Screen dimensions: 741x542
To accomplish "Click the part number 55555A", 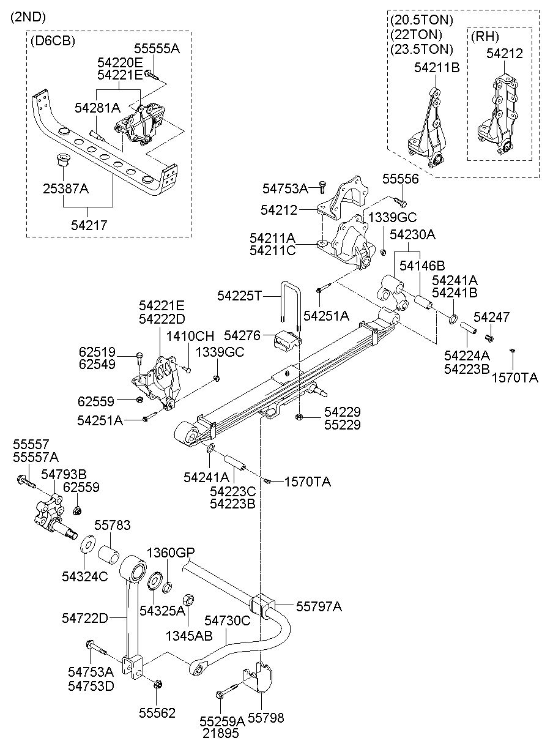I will click(x=157, y=48).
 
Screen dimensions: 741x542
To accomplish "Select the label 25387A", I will click(x=65, y=189).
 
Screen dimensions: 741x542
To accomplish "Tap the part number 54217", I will click(x=90, y=225).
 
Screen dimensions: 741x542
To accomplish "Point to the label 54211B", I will click(x=436, y=68).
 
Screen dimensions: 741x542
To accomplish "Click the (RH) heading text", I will click(x=484, y=36).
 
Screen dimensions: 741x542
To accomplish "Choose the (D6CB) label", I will click(x=53, y=41).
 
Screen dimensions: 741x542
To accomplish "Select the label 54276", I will click(x=242, y=335).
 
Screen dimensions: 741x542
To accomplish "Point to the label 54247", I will click(x=492, y=317).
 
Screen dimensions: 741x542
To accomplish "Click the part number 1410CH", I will click(x=191, y=336).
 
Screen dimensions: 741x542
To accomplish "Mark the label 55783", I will click(x=112, y=526).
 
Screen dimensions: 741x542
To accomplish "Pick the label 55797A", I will click(x=319, y=606).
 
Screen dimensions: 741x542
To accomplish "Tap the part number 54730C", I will click(x=228, y=620).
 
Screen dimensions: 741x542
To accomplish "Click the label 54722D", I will click(x=84, y=618).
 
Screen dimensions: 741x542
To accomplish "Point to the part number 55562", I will click(x=157, y=713).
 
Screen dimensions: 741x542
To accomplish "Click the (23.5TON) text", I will click(x=421, y=49).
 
